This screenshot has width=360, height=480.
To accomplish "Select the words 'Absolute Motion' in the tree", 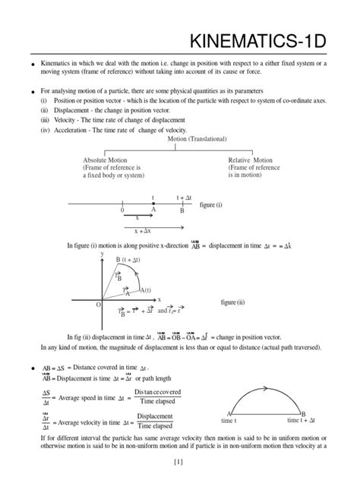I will pos(106,160).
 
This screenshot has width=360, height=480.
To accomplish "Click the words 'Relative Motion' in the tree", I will pos(250,160).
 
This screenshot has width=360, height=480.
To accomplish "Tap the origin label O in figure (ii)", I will pos(97,304).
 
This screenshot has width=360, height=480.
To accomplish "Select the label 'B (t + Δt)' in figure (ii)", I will pos(129,260).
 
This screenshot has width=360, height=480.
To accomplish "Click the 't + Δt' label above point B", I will pos(185,197).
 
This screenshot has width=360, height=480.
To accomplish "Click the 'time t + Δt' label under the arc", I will pos(303,420).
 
